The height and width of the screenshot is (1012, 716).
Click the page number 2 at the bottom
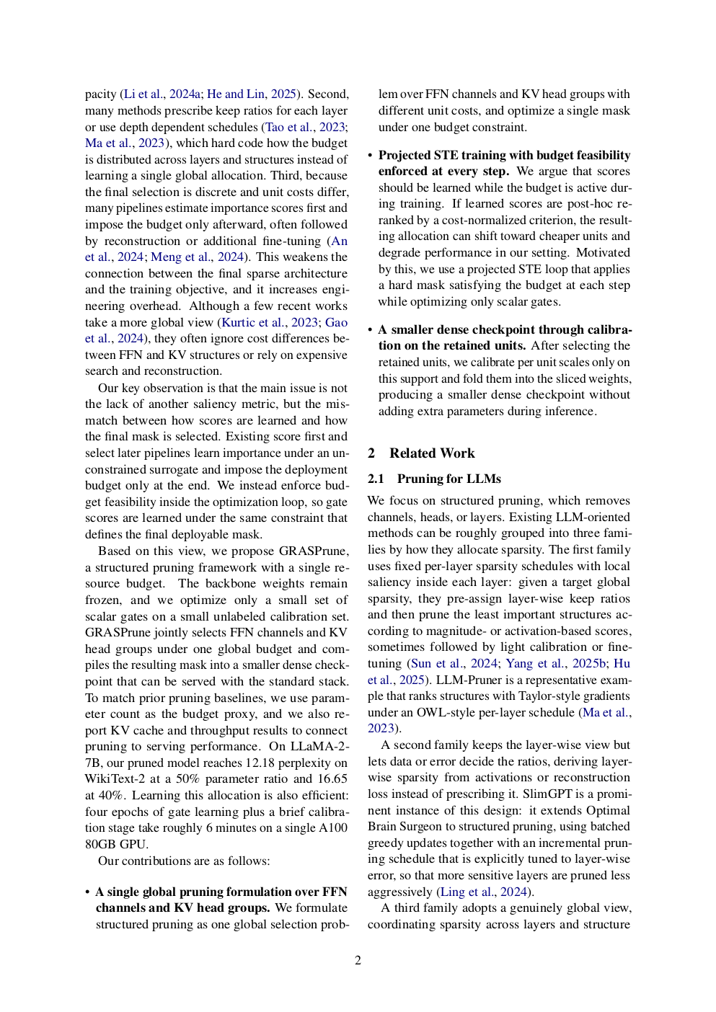(358, 960)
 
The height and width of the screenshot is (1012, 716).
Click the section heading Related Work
(432, 453)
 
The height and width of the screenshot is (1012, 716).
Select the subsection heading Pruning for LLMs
(448, 479)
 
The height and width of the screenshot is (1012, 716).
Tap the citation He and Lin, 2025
(252, 94)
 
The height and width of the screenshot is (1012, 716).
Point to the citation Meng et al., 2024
(197, 257)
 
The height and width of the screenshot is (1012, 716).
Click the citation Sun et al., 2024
(454, 664)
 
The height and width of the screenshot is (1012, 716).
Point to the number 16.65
(332, 779)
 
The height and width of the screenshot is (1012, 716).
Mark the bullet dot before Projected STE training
(371, 156)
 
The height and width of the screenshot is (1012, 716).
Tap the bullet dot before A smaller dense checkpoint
(371, 330)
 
